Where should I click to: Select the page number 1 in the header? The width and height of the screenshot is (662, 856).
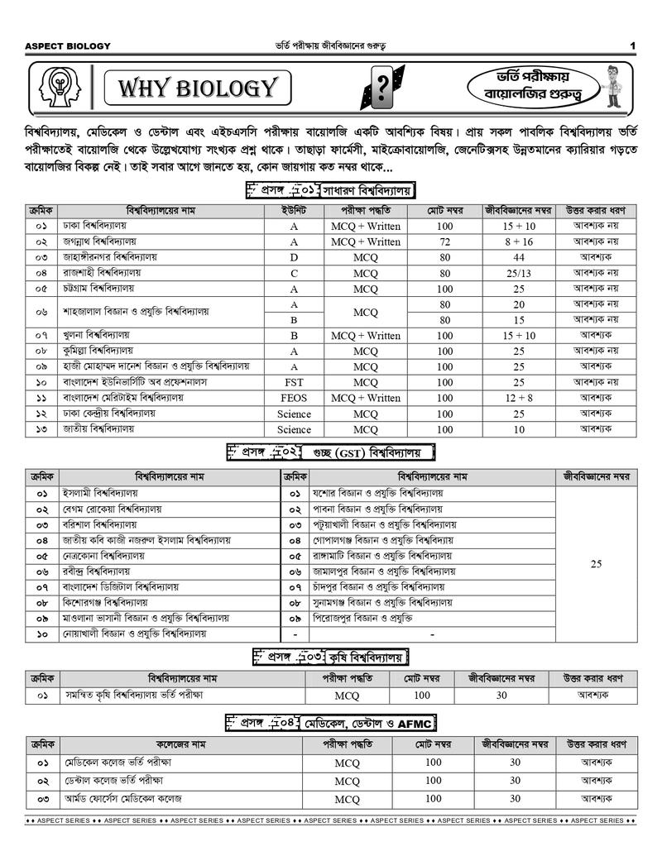coord(631,45)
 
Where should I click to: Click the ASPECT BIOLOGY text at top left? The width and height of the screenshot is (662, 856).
coord(68,45)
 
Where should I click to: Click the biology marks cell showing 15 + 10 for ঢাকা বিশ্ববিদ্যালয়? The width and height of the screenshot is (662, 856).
coord(519,226)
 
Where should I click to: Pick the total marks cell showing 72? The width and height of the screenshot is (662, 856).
coord(445,241)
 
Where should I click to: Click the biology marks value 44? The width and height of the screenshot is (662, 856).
coord(519,257)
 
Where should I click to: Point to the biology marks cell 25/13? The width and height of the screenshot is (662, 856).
coord(519,273)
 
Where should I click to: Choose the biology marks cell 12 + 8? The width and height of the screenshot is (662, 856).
coord(519,398)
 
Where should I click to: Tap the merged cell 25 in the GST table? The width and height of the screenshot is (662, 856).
coord(596,564)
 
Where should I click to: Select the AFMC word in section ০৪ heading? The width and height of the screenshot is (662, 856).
coord(415,723)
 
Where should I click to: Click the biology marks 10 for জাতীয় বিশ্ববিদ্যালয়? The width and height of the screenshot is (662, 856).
coord(519,429)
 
